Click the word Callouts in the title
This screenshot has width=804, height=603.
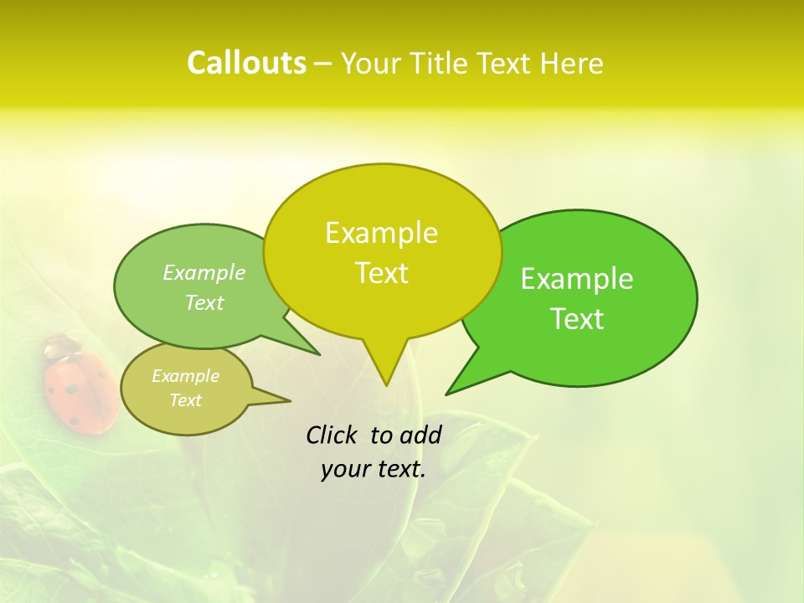pos(246,63)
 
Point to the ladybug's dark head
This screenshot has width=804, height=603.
pos(59,344)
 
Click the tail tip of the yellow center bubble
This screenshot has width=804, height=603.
pos(386,384)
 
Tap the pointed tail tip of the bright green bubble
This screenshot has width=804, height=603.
pos(447,393)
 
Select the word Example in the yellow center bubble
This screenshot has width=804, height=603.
pos(381,233)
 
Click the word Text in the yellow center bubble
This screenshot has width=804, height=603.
pos(381,273)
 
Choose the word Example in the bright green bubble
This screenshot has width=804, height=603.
pos(577,279)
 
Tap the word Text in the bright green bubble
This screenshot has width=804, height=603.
pos(577,319)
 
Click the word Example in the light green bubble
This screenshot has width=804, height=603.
pos(204,272)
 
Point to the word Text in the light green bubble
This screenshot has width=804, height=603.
pos(204,302)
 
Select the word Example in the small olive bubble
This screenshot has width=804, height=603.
pos(185,376)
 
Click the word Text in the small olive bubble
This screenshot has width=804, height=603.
pos(185,400)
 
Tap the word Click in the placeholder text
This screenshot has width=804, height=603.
pos(332,435)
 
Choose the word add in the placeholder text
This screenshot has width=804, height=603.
pos(420,435)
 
